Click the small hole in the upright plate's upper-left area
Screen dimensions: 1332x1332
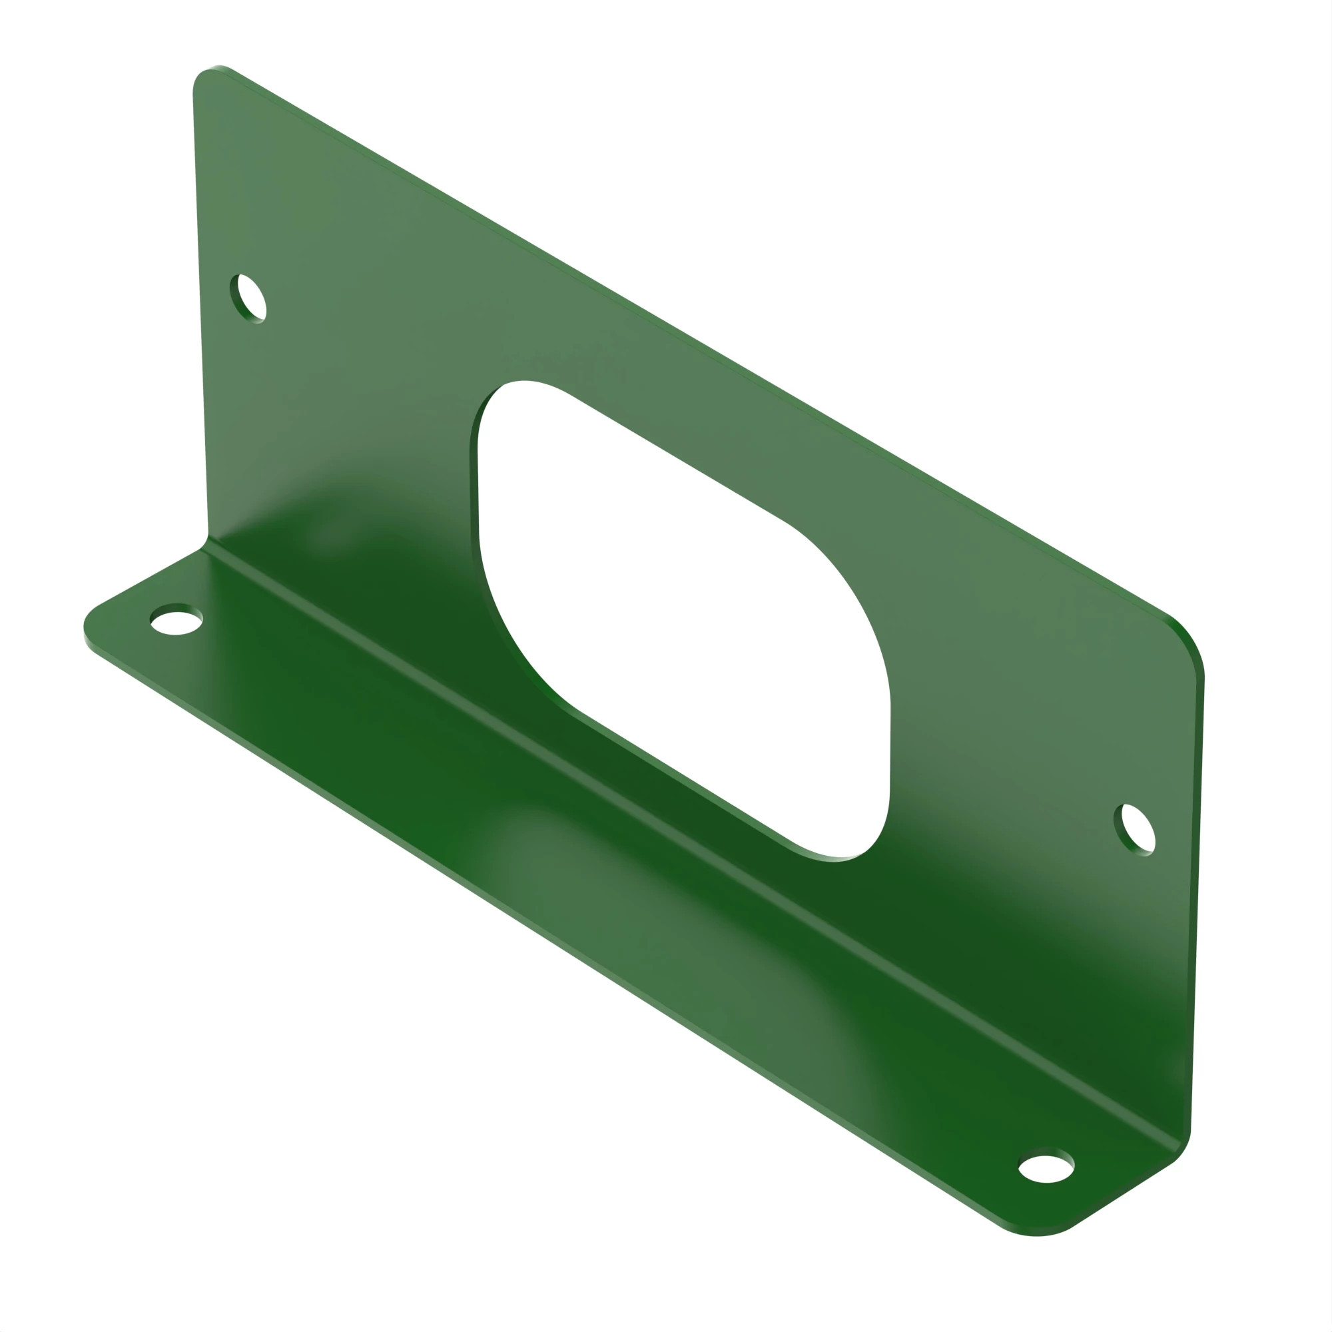click(248, 298)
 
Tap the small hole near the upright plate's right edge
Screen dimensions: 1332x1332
click(1134, 830)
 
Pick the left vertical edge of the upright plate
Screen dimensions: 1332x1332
click(200, 310)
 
